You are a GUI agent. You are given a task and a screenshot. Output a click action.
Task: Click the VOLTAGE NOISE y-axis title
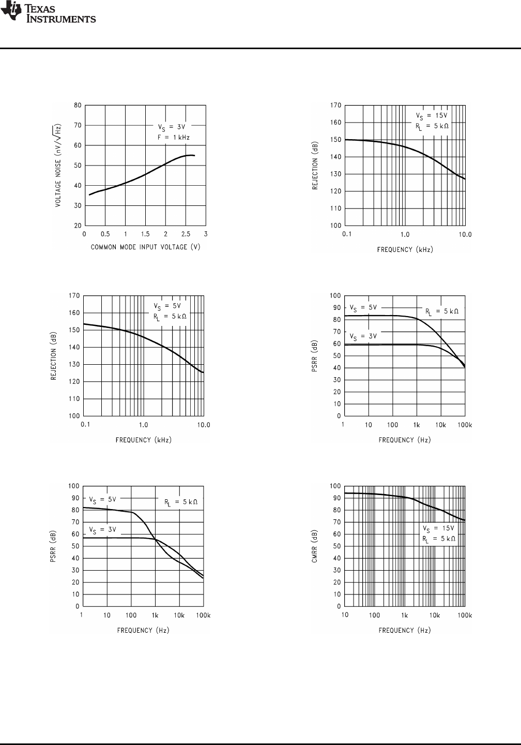click(x=59, y=166)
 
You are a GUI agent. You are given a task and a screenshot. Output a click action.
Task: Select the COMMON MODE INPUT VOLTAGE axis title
click(x=145, y=247)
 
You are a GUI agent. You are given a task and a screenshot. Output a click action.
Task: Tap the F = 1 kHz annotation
click(x=175, y=137)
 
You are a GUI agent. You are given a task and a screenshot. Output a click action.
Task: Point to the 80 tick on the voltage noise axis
click(x=78, y=105)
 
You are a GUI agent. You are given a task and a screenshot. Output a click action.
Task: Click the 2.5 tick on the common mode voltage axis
click(x=186, y=234)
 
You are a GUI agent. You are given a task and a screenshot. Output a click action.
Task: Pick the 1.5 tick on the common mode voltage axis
click(x=145, y=234)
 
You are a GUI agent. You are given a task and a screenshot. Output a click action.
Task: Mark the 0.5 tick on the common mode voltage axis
click(x=105, y=234)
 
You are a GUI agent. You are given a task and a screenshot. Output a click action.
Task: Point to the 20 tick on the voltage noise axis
click(x=78, y=226)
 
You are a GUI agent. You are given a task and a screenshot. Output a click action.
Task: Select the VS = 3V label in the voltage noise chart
click(x=172, y=126)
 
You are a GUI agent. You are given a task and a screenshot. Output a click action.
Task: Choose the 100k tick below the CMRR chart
click(x=465, y=615)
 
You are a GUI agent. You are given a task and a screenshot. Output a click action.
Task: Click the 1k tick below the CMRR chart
click(x=405, y=615)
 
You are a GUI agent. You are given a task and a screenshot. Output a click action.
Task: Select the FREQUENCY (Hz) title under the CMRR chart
click(x=405, y=630)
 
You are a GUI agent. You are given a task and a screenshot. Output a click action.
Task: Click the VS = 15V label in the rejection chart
click(x=432, y=115)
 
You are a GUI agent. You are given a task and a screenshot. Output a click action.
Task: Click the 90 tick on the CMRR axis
click(x=335, y=498)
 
